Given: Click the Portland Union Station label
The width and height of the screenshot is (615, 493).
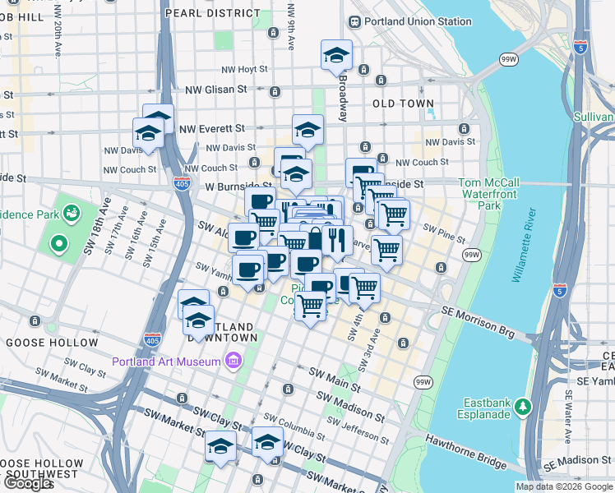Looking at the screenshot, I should coord(409,21).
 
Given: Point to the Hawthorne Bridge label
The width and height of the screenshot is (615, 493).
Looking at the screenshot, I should coord(465,451).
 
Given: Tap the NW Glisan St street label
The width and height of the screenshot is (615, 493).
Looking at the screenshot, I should coord(216,89).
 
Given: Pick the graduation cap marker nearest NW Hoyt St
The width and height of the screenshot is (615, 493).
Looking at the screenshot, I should coord(336,55).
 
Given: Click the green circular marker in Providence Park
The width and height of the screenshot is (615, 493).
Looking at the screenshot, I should coord(58,243).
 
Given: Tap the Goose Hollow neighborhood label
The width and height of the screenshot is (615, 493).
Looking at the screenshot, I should coord(52,342).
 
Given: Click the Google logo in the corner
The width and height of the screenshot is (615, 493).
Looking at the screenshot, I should coord(27,484).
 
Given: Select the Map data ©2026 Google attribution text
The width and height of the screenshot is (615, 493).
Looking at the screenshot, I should coord(563,486).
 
